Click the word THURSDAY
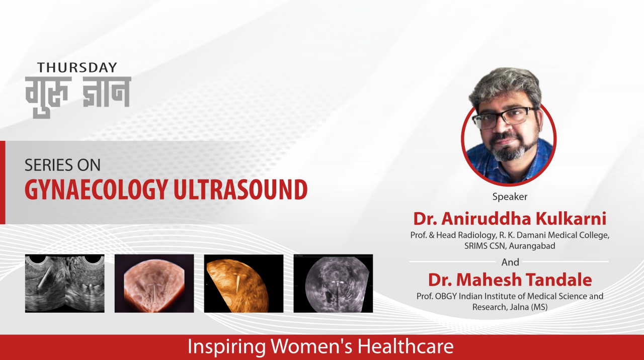77,67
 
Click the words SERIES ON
62,165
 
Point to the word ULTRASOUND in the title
244,190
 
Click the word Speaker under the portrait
509,197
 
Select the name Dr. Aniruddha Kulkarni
510,219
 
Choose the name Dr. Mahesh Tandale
510,280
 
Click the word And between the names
510,262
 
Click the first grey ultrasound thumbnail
65,283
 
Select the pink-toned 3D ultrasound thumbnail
154,283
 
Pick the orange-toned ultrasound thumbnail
244,283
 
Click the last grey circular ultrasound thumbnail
333,283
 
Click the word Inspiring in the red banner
221,347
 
